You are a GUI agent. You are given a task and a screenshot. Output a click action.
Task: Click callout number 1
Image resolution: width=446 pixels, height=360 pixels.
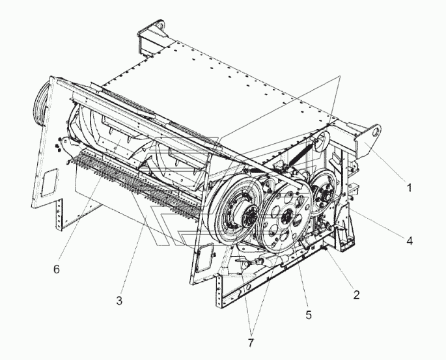(x=409, y=189)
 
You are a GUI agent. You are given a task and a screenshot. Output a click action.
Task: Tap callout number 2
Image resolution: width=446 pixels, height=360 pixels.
(x=356, y=294)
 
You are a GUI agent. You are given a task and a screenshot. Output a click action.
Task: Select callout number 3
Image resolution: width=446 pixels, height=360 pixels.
(x=119, y=300)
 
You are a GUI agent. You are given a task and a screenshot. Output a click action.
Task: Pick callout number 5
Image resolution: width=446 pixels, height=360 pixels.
(x=309, y=314)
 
